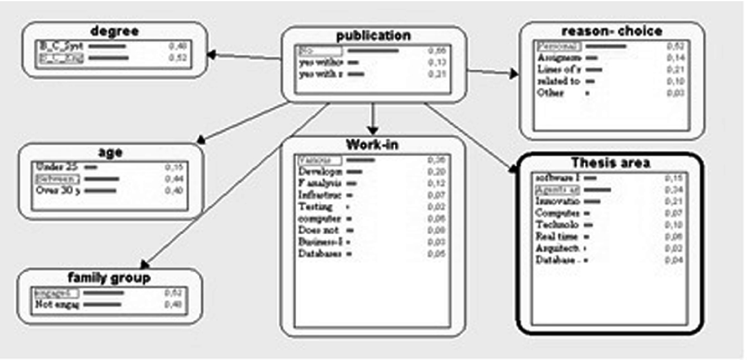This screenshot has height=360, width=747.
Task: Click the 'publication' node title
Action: pyautogui.click(x=373, y=36)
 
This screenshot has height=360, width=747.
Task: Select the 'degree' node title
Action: pyautogui.click(x=114, y=31)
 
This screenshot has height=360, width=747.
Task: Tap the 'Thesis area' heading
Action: pyautogui.click(x=610, y=163)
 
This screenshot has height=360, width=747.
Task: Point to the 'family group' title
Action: pyautogui.click(x=109, y=278)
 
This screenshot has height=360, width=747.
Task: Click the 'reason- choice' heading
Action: pyautogui.click(x=612, y=31)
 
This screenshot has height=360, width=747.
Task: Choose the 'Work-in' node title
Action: pyautogui.click(x=372, y=145)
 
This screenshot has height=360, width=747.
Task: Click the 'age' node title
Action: pyautogui.click(x=110, y=152)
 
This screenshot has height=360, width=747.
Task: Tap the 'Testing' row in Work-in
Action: pyautogui.click(x=316, y=206)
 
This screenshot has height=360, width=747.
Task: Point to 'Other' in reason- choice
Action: pyautogui.click(x=550, y=93)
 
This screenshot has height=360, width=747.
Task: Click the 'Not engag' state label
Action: pyautogui.click(x=57, y=304)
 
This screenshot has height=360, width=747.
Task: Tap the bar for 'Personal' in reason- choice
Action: pyautogui.click(x=606, y=46)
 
